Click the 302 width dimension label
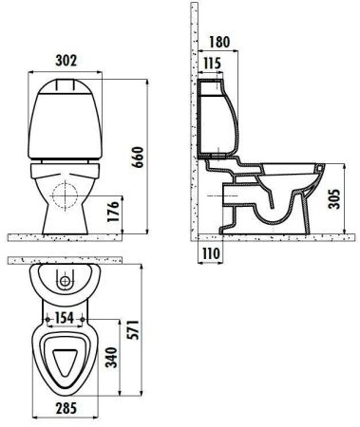click(65, 60)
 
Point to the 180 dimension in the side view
click(218, 42)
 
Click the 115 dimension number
click(213, 64)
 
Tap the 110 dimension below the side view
click(211, 254)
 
